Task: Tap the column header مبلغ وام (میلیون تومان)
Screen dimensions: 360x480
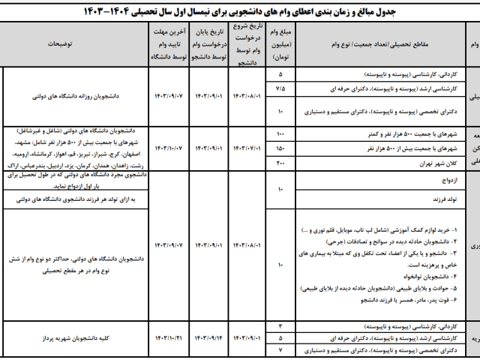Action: pyautogui.click(x=280, y=44)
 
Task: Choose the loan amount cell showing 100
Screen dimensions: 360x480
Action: pyautogui.click(x=280, y=133)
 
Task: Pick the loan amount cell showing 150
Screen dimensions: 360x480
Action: pyautogui.click(x=280, y=148)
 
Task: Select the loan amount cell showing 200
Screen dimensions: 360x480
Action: pyautogui.click(x=280, y=163)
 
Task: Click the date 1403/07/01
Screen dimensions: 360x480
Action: pyautogui.click(x=247, y=148)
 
